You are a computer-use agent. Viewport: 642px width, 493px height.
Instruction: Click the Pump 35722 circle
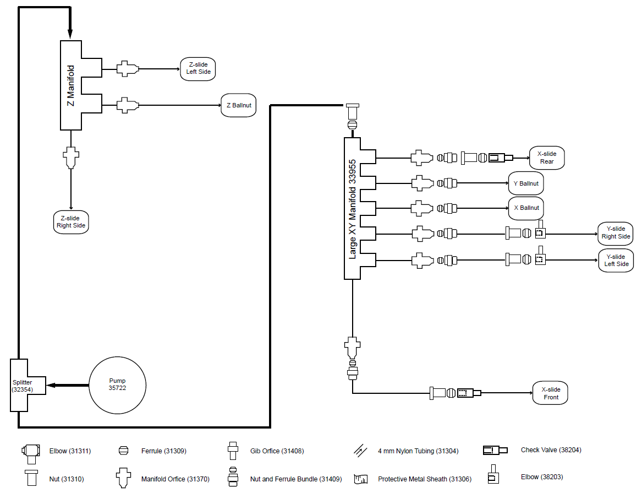pos(117,384)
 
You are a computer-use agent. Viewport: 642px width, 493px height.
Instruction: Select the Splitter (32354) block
pos(23,385)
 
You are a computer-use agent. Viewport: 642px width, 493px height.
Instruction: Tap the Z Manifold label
pos(70,85)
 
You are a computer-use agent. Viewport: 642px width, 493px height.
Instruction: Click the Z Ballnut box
pos(239,105)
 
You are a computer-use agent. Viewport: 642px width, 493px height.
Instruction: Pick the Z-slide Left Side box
pos(198,68)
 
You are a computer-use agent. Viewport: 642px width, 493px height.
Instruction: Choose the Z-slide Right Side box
pos(71,222)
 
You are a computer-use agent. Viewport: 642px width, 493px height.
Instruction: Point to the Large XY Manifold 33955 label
pos(352,209)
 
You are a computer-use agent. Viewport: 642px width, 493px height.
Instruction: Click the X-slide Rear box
pos(547,158)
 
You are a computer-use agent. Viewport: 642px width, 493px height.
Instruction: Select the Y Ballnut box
pos(526,183)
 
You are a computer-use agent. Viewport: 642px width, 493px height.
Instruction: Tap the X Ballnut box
pos(526,208)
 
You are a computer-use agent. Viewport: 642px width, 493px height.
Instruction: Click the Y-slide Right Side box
pos(616,233)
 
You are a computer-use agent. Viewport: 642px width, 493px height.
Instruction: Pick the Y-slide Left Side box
pos(616,261)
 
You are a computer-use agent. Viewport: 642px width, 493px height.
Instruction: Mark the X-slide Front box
pos(550,393)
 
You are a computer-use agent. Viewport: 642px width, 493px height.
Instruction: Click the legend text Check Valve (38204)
pos(551,450)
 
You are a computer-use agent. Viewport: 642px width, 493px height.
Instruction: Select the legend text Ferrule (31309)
pos(163,451)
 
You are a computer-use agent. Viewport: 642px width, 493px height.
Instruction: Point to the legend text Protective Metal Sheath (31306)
pos(424,479)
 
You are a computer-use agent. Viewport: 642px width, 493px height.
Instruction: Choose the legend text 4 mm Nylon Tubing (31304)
pos(418,451)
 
